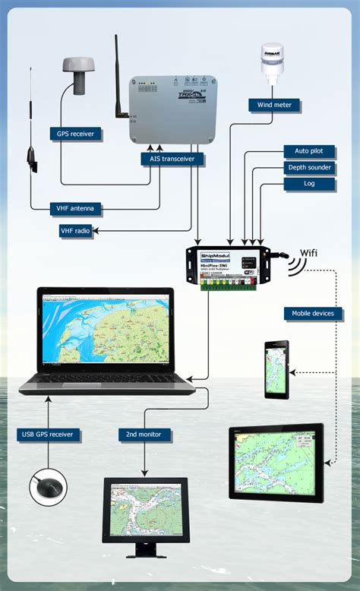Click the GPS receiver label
click(x=77, y=134)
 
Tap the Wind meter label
click(x=274, y=105)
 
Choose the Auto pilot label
click(x=308, y=151)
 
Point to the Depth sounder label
click(x=308, y=168)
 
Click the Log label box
click(x=308, y=184)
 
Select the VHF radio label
click(x=76, y=230)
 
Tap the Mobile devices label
click(x=314, y=313)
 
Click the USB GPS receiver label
click(x=49, y=435)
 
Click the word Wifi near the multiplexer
click(x=309, y=252)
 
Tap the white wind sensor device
click(x=274, y=62)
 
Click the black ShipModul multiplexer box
click(x=227, y=265)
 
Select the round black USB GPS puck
click(x=49, y=487)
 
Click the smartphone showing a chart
click(x=276, y=370)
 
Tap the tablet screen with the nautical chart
click(x=276, y=460)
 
